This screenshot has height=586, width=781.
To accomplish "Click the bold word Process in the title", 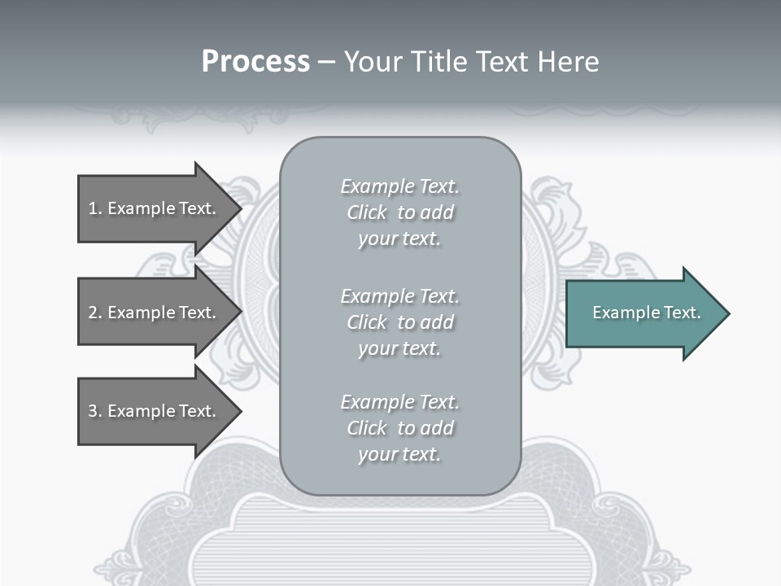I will (x=255, y=62).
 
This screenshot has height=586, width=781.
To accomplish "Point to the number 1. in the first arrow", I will (x=95, y=208).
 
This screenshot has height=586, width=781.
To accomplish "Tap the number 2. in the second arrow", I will (x=95, y=313).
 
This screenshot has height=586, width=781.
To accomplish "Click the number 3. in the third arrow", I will (x=95, y=411).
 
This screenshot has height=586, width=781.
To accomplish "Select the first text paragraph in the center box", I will (x=399, y=212).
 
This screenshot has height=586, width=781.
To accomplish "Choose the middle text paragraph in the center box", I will (x=399, y=322).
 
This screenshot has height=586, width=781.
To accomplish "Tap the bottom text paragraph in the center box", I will (x=399, y=428).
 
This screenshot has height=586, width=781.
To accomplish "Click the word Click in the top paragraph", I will (x=367, y=212).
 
